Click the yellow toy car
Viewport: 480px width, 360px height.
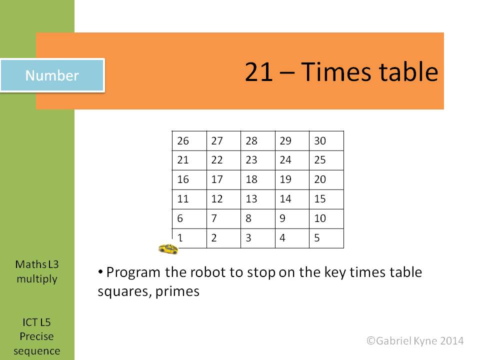[x=168, y=249]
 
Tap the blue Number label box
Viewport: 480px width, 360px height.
[x=52, y=75]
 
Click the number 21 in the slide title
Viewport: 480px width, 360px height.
[x=258, y=71]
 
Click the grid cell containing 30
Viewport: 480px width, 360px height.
[x=326, y=141]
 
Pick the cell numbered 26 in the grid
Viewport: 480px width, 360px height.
[x=189, y=141]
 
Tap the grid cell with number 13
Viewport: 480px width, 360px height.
[x=258, y=199]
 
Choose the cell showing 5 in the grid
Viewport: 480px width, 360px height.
[x=326, y=238]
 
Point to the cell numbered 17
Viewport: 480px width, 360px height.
[x=224, y=179]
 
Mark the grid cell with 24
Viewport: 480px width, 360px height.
[x=292, y=160]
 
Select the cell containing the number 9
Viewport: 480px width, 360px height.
[x=292, y=218]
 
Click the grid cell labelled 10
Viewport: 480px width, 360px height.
[x=326, y=218]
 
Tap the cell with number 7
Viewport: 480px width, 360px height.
[x=224, y=218]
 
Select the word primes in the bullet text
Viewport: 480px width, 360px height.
[x=177, y=291]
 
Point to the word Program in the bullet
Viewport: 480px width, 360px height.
[x=133, y=272]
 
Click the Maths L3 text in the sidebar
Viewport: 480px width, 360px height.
[x=36, y=264]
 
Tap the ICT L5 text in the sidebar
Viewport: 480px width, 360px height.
[x=36, y=322]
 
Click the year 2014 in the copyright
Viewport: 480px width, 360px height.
[x=452, y=340]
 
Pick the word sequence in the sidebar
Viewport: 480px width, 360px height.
[x=36, y=351]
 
